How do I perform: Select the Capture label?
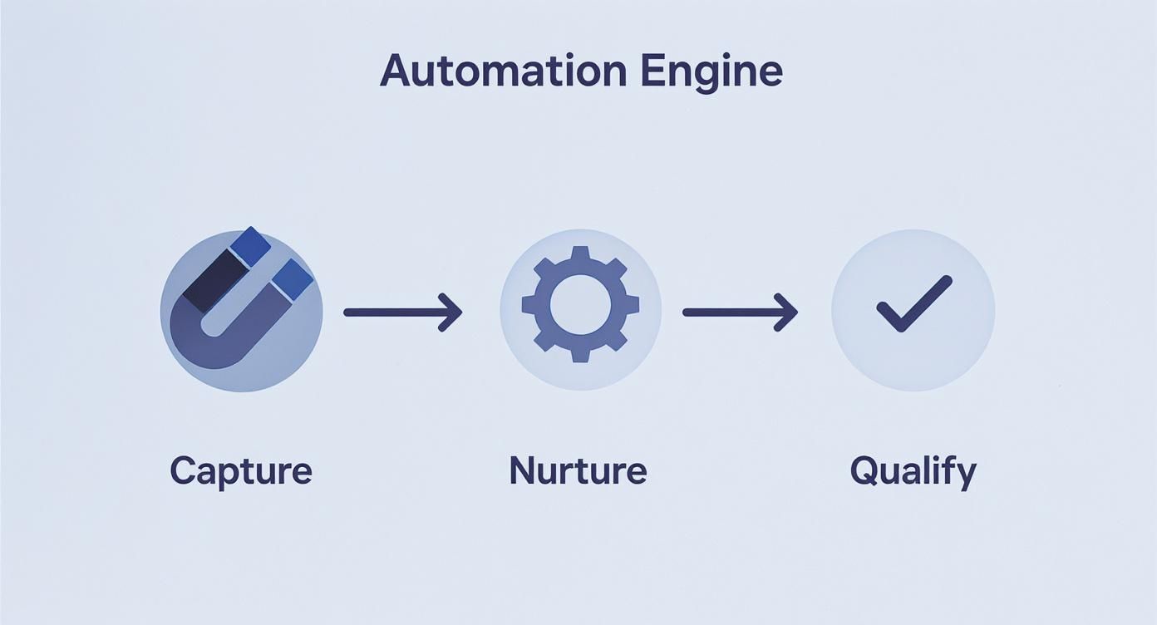click(x=241, y=470)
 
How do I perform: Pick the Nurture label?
click(x=578, y=470)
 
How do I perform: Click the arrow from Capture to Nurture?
click(x=402, y=312)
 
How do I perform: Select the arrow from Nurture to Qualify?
click(x=740, y=312)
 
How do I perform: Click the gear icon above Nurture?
click(x=580, y=304)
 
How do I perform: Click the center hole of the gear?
click(x=580, y=304)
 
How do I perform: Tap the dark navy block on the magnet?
click(x=211, y=280)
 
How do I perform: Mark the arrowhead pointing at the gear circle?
click(x=452, y=312)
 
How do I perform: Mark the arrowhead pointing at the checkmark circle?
click(x=788, y=312)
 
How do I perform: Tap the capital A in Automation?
click(x=397, y=72)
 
